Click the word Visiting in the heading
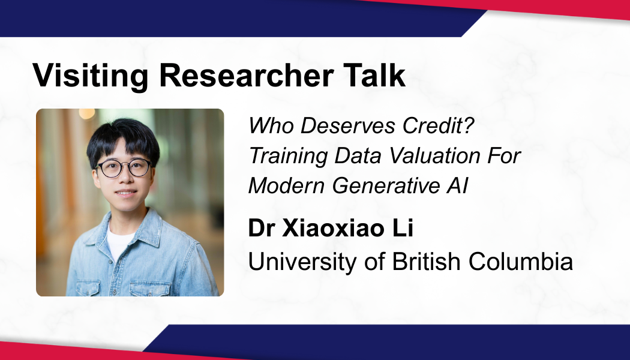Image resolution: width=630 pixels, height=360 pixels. (90, 76)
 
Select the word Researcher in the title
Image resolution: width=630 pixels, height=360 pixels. (246, 75)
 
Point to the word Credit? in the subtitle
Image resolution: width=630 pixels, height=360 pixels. (439, 125)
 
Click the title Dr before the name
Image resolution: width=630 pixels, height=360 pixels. (262, 228)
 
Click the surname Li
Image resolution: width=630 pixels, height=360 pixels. (402, 228)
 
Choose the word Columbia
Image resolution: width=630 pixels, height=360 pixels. (520, 262)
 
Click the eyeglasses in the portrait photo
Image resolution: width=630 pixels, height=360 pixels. (124, 167)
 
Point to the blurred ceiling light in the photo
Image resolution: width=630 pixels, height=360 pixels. (87, 113)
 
